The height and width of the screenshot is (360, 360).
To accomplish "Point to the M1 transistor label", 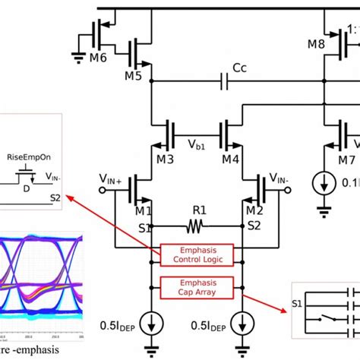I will click(x=121, y=210).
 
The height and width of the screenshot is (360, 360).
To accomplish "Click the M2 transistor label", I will click(x=254, y=210).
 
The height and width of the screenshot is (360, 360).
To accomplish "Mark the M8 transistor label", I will click(x=317, y=44).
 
